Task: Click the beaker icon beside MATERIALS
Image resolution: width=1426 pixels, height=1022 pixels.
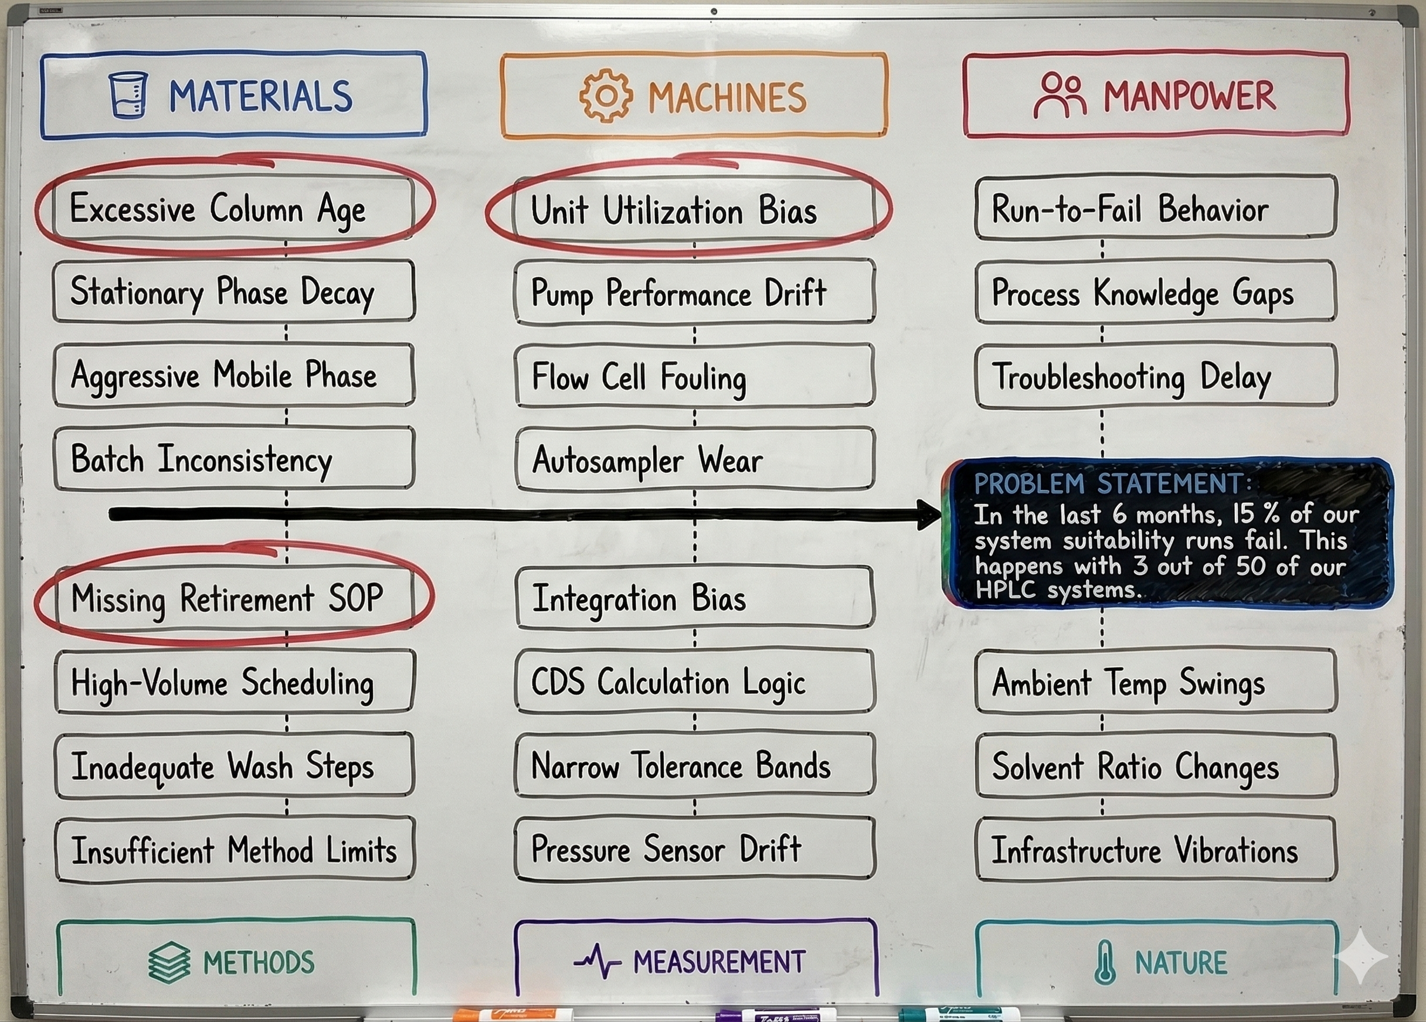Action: [x=128, y=95]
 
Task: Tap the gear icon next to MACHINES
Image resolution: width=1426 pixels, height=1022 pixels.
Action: [x=606, y=96]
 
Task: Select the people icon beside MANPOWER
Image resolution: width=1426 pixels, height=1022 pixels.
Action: [x=1061, y=96]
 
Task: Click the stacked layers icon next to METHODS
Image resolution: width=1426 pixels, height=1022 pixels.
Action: [x=169, y=962]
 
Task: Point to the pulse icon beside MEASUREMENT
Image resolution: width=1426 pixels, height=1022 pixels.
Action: [x=597, y=962]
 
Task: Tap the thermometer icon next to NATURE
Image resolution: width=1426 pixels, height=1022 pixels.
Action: [x=1105, y=962]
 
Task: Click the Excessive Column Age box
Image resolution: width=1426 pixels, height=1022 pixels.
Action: [x=234, y=208]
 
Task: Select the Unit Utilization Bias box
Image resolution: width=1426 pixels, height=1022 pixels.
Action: [x=694, y=209]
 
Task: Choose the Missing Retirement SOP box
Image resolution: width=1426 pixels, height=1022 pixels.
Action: [x=234, y=598]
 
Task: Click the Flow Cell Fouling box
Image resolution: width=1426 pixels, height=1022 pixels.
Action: [x=694, y=376]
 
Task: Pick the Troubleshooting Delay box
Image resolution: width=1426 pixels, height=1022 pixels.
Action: [x=1156, y=376]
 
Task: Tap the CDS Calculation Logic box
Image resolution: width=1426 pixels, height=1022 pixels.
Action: [x=694, y=682]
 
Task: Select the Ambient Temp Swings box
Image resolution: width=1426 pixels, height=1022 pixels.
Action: [x=1156, y=682]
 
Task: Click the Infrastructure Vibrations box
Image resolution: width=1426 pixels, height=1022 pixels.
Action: [x=1156, y=850]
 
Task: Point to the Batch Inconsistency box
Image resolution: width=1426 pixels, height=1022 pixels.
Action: [x=234, y=459]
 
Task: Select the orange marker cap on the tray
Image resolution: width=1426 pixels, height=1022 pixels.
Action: [x=467, y=1013]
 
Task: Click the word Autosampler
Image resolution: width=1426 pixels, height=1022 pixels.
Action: [x=607, y=461]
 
